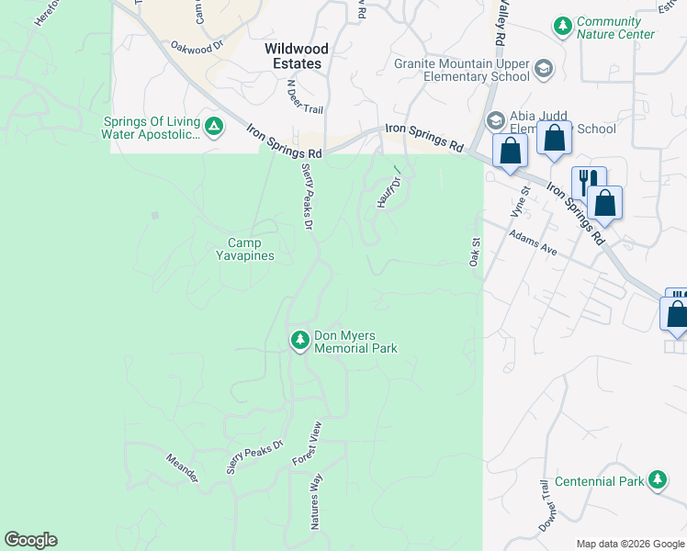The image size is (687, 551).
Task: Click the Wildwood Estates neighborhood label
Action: pos(293,56)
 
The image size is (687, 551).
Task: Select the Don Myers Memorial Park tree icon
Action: pos(299,341)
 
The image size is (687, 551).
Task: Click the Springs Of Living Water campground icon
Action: pos(213,127)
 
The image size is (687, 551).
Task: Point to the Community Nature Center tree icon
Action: pos(562,28)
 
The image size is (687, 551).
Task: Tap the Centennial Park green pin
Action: pos(657,480)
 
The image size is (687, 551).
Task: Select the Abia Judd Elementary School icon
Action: pos(496,121)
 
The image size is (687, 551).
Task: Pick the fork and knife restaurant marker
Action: pos(588,181)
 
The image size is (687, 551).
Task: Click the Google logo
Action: pos(30,540)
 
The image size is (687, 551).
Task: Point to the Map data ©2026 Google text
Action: pos(629,544)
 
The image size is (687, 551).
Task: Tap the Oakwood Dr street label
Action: pos(197,45)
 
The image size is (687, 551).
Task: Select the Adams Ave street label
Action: pos(534,242)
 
